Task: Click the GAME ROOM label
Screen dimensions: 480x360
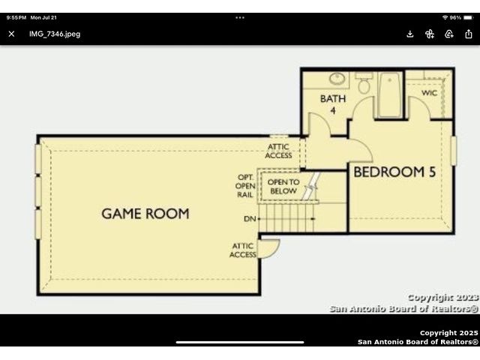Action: click(145, 214)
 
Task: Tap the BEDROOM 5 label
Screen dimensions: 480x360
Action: click(394, 172)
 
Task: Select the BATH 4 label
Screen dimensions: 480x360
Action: click(333, 104)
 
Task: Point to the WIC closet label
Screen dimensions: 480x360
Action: click(429, 93)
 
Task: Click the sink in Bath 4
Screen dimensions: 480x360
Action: click(337, 78)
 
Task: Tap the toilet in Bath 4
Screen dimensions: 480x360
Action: click(364, 83)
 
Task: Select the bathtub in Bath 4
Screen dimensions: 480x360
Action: click(390, 94)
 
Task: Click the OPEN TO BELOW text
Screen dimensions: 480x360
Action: click(283, 187)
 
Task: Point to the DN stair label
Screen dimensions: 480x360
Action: click(250, 219)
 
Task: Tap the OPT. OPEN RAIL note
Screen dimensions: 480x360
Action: click(245, 186)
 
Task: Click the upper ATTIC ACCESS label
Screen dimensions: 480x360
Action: click(278, 151)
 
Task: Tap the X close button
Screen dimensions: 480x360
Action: click(12, 34)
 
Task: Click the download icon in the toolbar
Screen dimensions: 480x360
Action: click(410, 34)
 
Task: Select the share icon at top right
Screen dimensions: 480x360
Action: click(469, 34)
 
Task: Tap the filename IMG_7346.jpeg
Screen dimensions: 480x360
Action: click(55, 34)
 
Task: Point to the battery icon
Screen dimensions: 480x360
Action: click(468, 18)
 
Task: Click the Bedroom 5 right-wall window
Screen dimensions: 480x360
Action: click(454, 151)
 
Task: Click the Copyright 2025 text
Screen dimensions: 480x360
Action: click(448, 333)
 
